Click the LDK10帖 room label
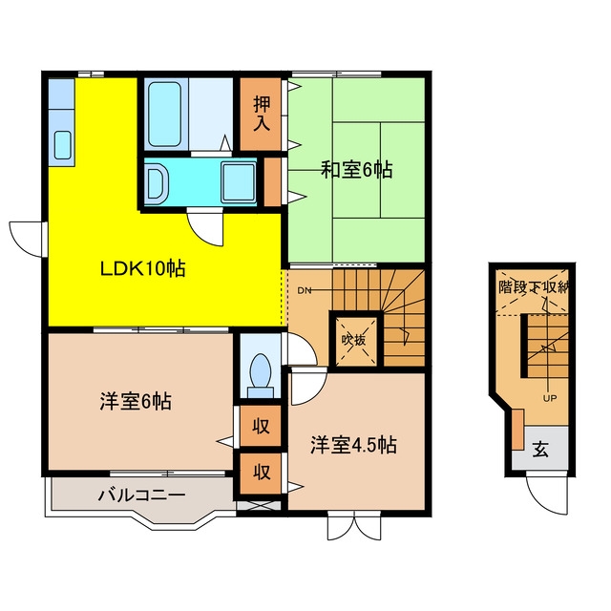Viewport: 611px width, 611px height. click(x=142, y=268)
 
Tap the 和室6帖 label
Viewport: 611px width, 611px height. click(x=356, y=170)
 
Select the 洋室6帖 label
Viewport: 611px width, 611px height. click(x=136, y=401)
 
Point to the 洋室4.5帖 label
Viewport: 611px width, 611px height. click(x=353, y=445)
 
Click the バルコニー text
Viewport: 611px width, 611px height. click(x=141, y=495)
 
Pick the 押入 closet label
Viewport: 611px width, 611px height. click(x=262, y=114)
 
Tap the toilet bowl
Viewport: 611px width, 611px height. click(x=261, y=375)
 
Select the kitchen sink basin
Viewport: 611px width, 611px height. click(x=63, y=145)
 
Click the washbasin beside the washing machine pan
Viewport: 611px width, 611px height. click(x=157, y=182)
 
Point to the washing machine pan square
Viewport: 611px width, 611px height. click(x=239, y=182)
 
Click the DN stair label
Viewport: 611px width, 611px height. click(x=305, y=290)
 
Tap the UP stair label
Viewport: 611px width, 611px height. click(x=550, y=398)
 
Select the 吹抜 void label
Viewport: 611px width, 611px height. click(x=354, y=340)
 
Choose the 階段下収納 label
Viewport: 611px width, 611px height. click(x=532, y=287)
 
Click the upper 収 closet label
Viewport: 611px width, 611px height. click(x=261, y=426)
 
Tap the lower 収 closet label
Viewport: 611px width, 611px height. click(x=261, y=473)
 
